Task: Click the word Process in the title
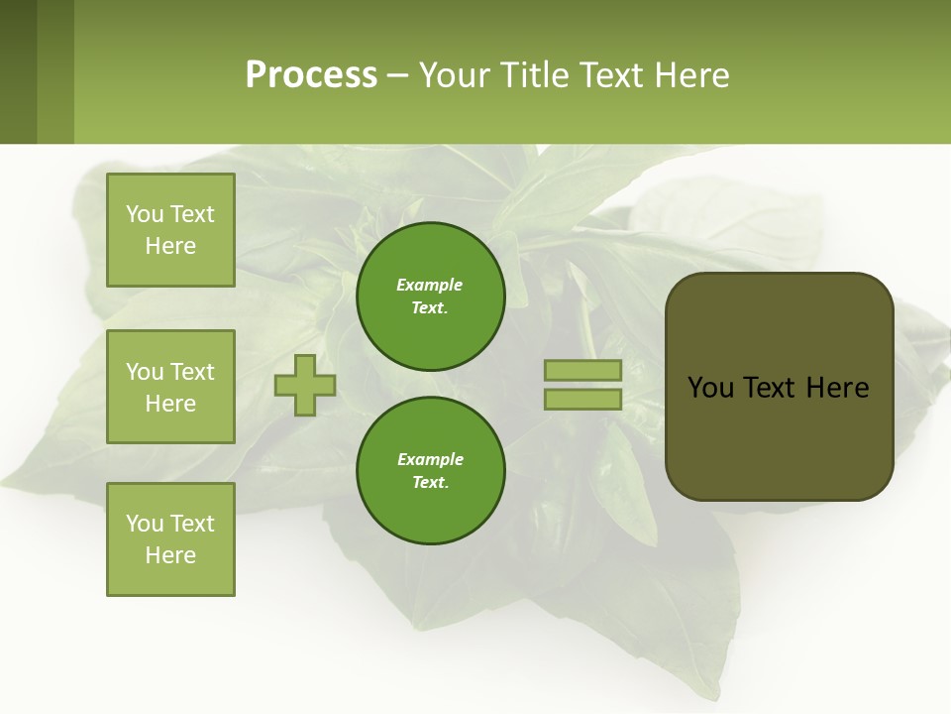tap(311, 75)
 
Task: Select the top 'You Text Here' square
tap(170, 230)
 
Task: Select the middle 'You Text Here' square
tap(170, 387)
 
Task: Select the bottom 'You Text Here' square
tap(170, 539)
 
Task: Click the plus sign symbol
tap(305, 386)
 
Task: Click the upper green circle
tap(430, 296)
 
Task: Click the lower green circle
tap(430, 470)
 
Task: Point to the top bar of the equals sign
tap(582, 370)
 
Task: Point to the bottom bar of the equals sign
tap(582, 400)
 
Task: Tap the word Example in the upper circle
tap(430, 285)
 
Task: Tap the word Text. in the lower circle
tap(430, 482)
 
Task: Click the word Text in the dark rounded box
tap(769, 388)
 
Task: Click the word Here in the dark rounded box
tap(837, 388)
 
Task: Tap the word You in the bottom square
tap(145, 524)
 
